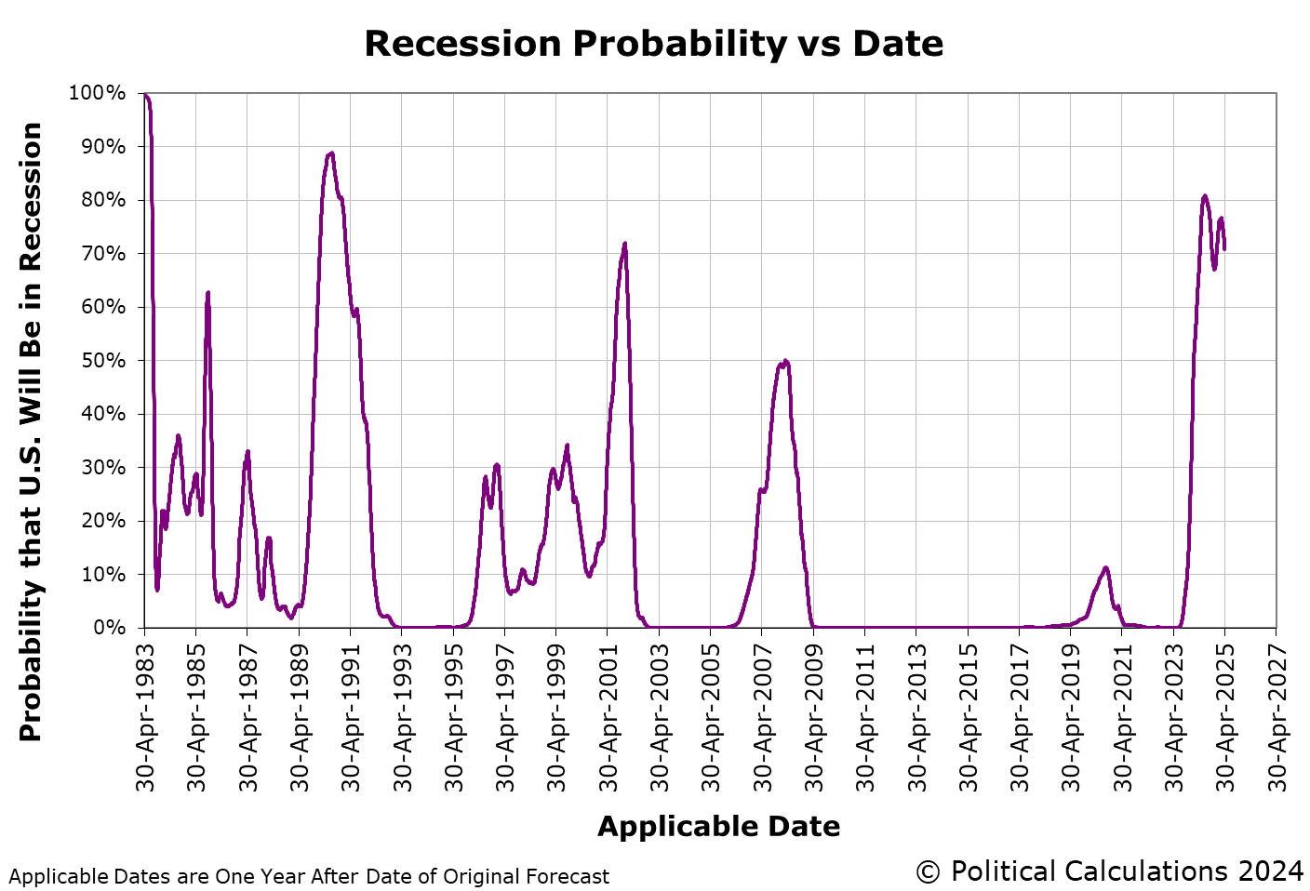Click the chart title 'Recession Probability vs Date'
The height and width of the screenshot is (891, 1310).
[x=653, y=44]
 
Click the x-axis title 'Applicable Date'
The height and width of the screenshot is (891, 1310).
[x=718, y=826]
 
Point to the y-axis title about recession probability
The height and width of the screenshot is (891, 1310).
[x=32, y=432]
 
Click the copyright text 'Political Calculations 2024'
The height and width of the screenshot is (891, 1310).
[x=1109, y=871]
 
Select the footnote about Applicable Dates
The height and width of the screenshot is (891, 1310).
[x=309, y=876]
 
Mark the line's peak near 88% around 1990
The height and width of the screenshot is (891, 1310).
[x=331, y=153]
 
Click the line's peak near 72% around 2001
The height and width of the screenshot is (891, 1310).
[x=624, y=244]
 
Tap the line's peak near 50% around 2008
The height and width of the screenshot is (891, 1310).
[x=785, y=361]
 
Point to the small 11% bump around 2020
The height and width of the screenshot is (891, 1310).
[x=1105, y=567]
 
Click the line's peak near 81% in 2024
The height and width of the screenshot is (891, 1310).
[x=1205, y=195]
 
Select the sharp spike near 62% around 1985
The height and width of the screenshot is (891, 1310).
[x=207, y=293]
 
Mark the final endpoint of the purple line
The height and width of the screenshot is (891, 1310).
[x=1224, y=248]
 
